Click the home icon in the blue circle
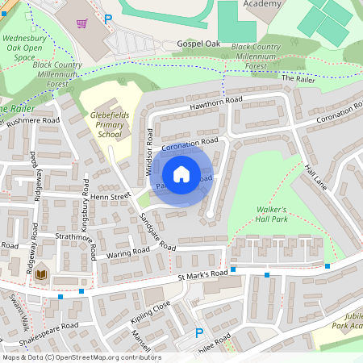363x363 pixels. tap(181, 173)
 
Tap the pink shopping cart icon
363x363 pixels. tap(81, 23)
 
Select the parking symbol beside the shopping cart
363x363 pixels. tap(108, 19)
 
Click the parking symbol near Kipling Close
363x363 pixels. tap(199, 332)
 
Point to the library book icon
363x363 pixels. tap(43, 275)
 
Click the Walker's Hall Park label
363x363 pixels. tap(272, 215)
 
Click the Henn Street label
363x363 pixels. tap(110, 195)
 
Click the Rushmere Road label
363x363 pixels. tap(33, 121)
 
